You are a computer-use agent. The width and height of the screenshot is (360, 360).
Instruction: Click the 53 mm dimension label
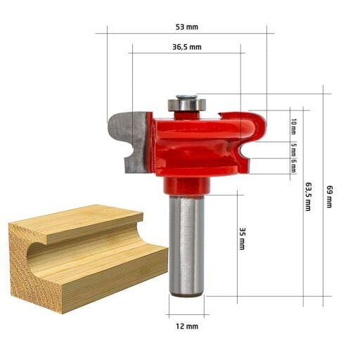coord(187,27)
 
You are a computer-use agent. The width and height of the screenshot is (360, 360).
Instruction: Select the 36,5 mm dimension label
coord(187,47)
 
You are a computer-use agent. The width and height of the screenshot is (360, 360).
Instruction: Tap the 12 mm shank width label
coord(187,326)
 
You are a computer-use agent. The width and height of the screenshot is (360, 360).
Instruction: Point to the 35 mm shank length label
coord(242,238)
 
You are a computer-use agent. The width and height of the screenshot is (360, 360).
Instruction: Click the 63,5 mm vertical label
coord(308,197)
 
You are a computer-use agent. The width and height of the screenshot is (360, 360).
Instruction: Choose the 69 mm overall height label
coord(330,197)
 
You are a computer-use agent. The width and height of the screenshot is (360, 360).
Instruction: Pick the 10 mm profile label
coord(293,127)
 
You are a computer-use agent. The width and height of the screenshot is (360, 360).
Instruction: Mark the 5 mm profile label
coord(293,150)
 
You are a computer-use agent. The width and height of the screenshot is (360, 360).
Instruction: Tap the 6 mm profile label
coord(293,166)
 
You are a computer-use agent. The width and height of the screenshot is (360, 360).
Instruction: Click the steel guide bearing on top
coord(187,105)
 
